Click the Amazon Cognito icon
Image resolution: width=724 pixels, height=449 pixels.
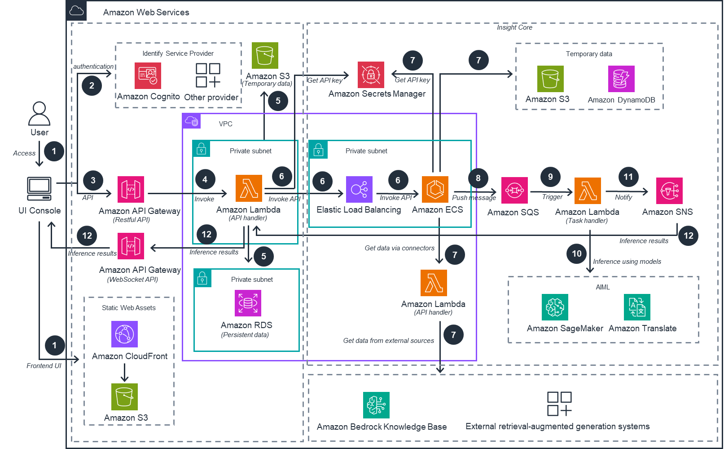tap(148, 76)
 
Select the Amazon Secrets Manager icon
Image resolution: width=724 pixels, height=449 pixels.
tap(371, 75)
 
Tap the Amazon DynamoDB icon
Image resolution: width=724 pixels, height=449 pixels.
tap(621, 79)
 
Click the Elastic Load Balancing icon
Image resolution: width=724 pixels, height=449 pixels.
tap(359, 190)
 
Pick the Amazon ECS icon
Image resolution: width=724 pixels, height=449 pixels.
tap(435, 190)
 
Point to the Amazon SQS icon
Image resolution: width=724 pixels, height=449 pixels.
tap(514, 191)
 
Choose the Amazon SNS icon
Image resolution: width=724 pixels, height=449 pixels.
tap(669, 191)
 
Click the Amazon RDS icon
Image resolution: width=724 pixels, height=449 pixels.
tap(248, 303)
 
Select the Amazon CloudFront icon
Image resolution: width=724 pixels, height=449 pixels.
tap(124, 334)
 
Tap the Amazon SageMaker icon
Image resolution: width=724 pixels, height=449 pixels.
tap(555, 307)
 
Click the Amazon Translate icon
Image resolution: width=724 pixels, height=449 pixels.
tap(637, 307)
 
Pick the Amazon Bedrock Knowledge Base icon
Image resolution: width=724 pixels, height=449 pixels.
tap(376, 405)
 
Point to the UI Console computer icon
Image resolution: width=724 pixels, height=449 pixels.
tap(39, 188)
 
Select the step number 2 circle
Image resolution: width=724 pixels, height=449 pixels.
tap(92, 85)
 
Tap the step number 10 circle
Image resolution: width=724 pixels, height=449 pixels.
tap(577, 253)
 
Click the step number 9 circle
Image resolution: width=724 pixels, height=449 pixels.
tap(550, 177)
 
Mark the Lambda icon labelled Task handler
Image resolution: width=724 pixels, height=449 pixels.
tap(588, 191)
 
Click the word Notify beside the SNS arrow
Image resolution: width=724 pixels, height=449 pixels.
tap(623, 197)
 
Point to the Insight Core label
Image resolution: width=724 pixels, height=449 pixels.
tap(514, 27)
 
